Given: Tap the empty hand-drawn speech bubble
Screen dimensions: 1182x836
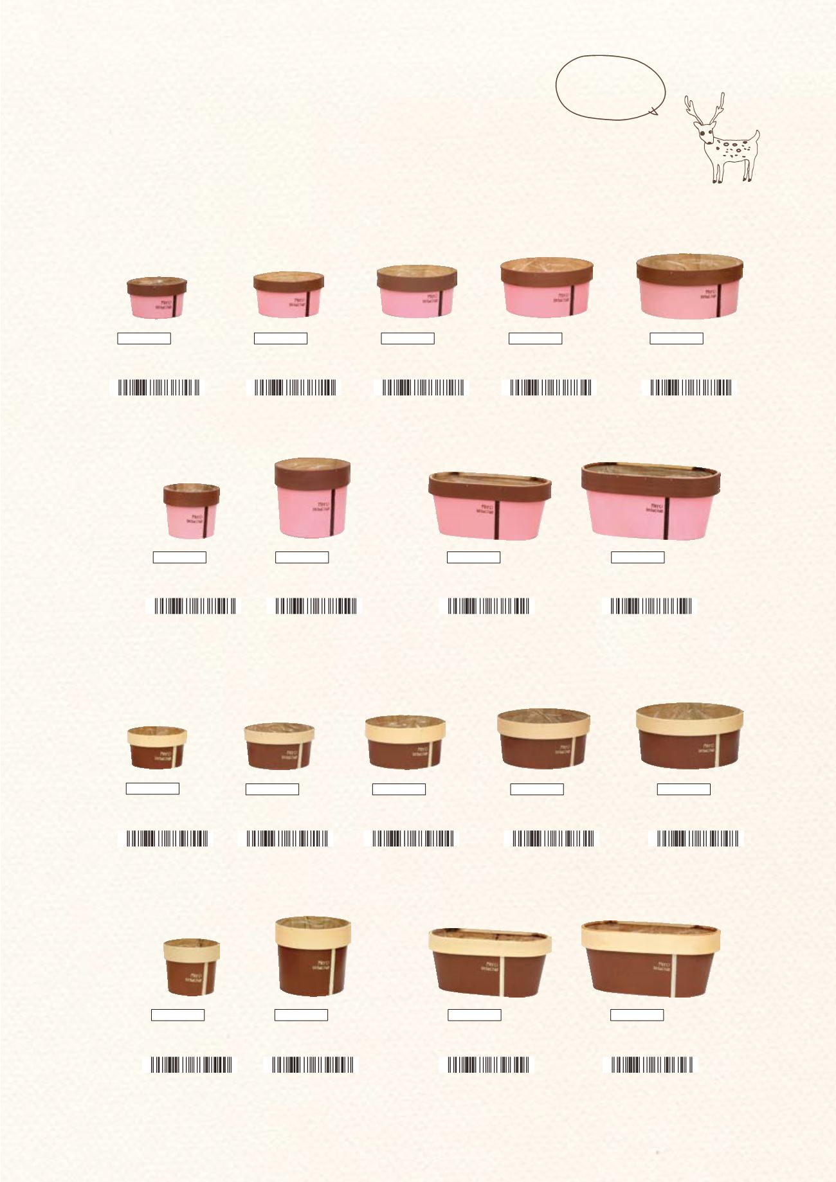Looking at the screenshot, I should pos(610,88).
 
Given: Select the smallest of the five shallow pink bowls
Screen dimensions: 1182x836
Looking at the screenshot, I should pos(157,297).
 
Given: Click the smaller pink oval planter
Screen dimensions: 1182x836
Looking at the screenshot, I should pos(489,505).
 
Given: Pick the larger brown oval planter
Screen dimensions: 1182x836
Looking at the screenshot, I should pos(650,959).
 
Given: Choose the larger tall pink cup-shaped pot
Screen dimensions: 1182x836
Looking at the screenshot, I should pos(313,498).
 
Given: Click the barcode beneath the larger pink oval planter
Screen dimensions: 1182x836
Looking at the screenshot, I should pos(651,606).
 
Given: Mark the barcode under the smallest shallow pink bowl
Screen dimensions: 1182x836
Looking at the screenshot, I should pos(158,388).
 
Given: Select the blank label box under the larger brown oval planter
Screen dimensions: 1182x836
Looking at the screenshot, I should pos(637,1015).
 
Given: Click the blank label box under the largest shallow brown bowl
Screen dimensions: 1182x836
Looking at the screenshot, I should pos(684,789).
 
